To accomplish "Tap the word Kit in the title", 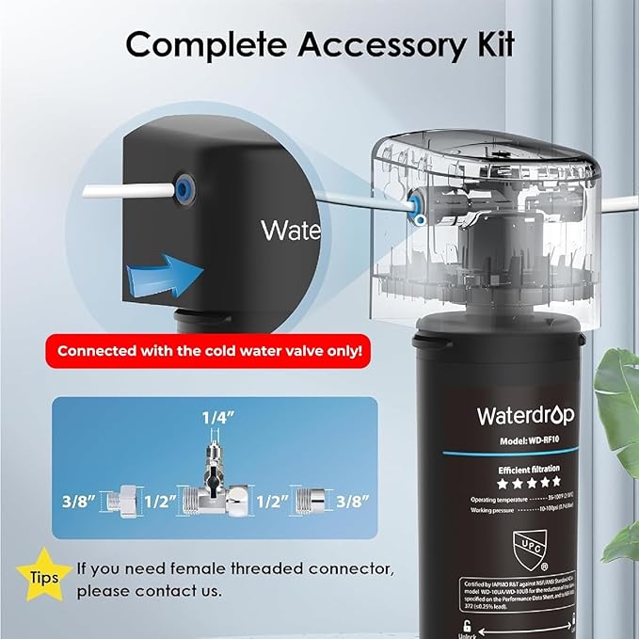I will coord(491,43).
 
